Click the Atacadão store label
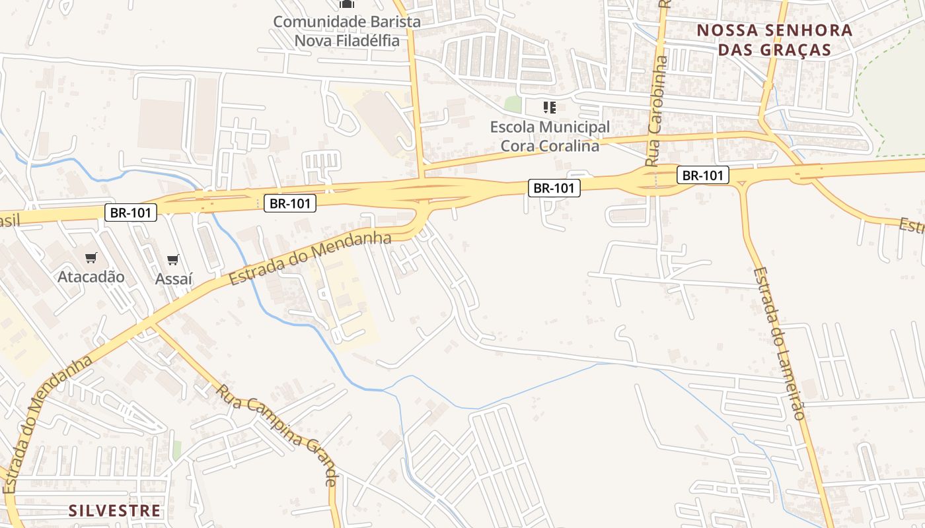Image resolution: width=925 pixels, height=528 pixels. [x=91, y=277]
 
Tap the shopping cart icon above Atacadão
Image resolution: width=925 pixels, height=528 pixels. [x=91, y=257]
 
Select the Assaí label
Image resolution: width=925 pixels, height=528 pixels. [x=173, y=279]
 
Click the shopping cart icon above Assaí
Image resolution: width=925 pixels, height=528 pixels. [x=173, y=260]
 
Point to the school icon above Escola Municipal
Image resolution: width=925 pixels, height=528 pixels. [x=550, y=107]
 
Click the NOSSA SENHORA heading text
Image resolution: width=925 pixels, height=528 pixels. [x=774, y=30]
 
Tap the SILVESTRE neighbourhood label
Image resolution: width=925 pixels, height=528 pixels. [x=114, y=510]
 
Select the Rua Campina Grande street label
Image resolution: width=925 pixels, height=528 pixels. [x=278, y=435]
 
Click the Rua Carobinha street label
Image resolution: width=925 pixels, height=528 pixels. [x=658, y=110]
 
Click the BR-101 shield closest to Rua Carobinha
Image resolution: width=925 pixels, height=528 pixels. [x=703, y=175]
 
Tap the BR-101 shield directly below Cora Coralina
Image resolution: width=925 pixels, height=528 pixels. [x=554, y=188]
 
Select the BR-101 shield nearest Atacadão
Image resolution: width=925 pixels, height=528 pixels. [x=131, y=213]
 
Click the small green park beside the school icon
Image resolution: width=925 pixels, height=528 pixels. [x=513, y=104]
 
